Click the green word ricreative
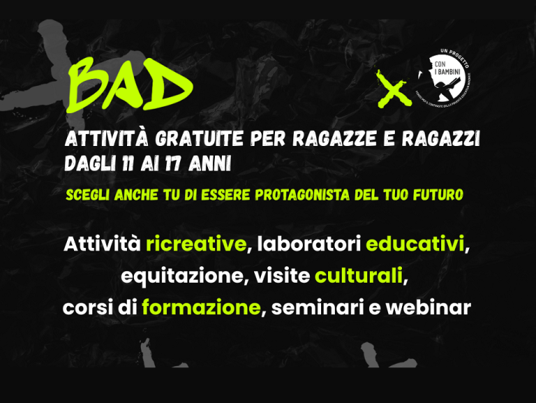tap(196, 245)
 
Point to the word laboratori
tap(308, 245)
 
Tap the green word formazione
tap(201, 308)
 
